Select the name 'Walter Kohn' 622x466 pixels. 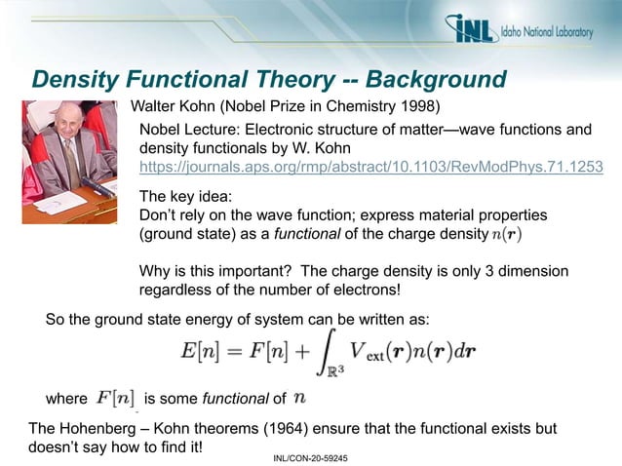[x=174, y=105]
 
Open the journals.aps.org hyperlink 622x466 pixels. [x=370, y=167]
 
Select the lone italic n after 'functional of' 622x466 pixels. [x=301, y=398]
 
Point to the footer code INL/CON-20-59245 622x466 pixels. [x=310, y=456]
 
